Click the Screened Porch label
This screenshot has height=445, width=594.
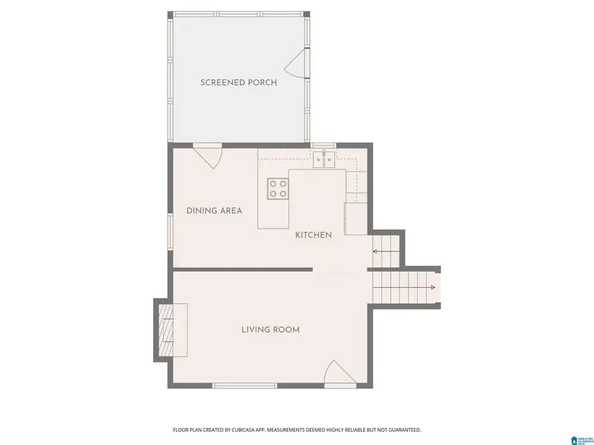pos(238,82)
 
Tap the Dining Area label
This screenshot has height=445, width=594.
pos(214,211)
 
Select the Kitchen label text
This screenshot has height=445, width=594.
pos(313,235)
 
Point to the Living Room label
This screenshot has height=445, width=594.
pos(270,330)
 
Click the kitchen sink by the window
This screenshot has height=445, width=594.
pos(324,159)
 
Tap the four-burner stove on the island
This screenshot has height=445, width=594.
pos(277,189)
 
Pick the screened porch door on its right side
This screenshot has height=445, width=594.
pos(298,64)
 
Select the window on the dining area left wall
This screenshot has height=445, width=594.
pos(170,231)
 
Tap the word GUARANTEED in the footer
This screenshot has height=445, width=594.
pos(400,430)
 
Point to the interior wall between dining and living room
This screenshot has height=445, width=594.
pos(242,269)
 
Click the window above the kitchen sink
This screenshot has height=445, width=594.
pos(323,145)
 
